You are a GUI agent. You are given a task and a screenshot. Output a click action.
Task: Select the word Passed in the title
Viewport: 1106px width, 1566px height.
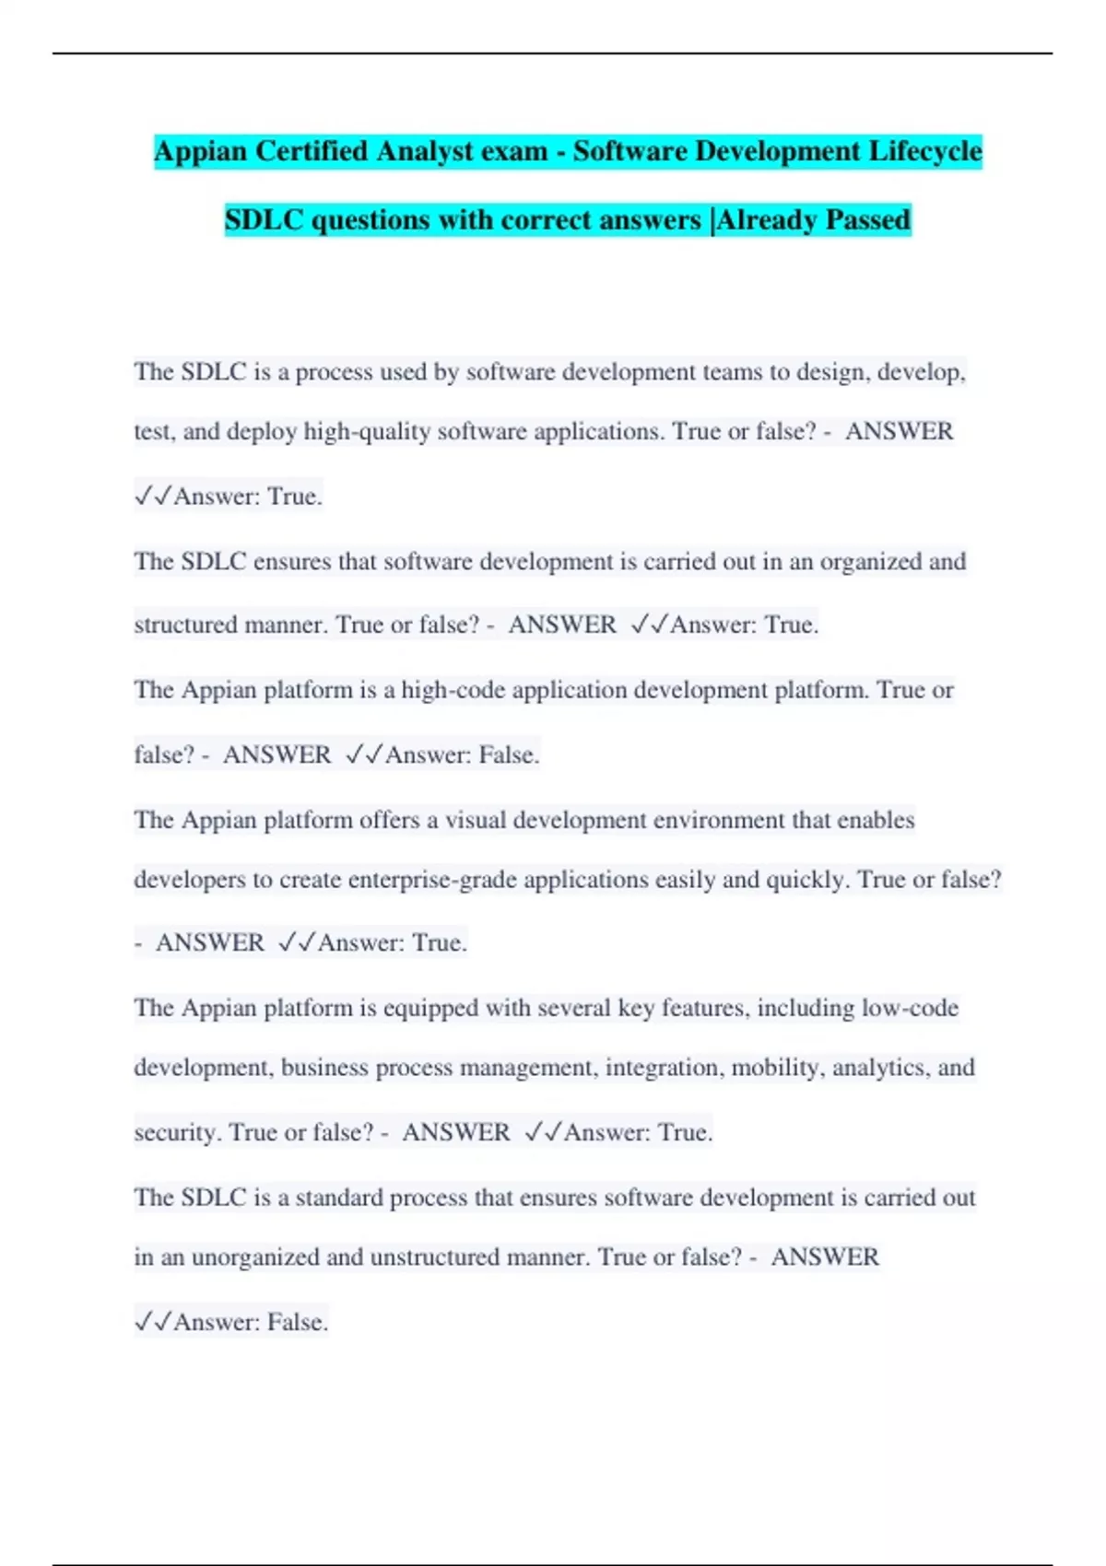pyautogui.click(x=867, y=220)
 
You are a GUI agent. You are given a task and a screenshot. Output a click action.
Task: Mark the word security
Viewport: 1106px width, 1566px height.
pyautogui.click(x=178, y=1132)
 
